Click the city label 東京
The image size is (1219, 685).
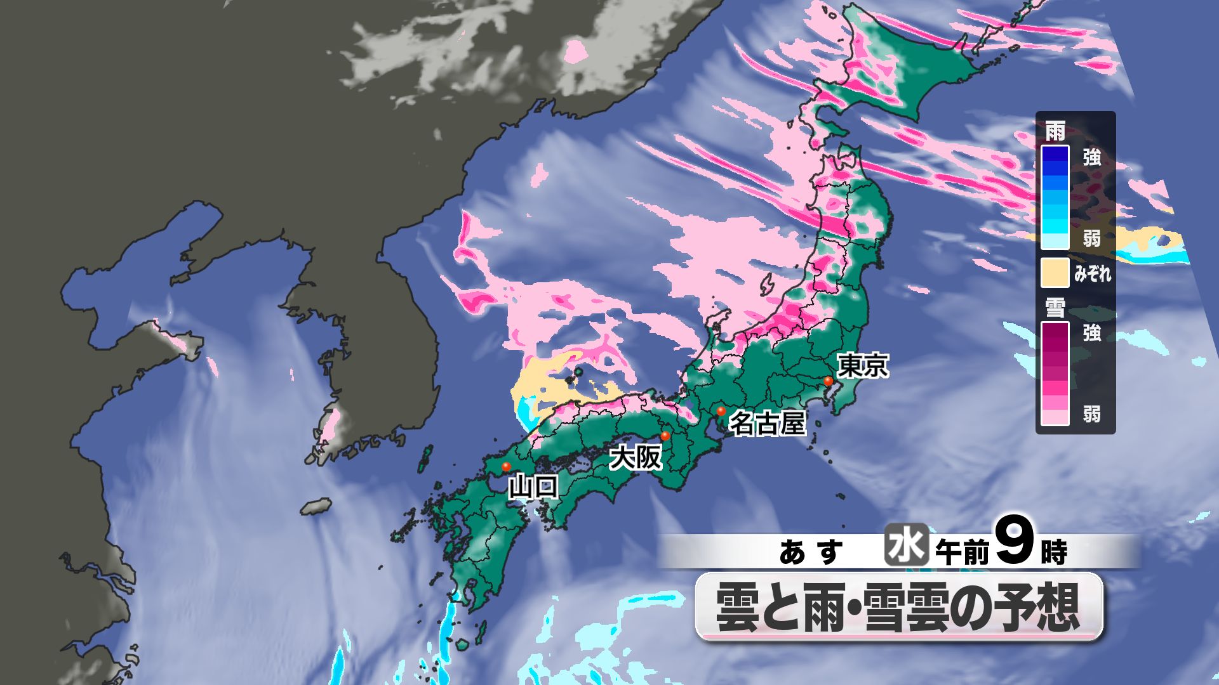[863, 366]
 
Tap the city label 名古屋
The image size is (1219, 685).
[767, 423]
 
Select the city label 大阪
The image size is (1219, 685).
[635, 457]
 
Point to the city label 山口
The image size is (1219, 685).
[534, 487]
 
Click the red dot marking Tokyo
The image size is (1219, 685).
[828, 381]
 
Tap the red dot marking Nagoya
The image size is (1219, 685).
[721, 412]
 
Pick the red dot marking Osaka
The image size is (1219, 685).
[665, 436]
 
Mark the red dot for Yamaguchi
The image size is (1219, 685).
[506, 467]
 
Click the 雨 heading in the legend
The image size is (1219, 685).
[1055, 132]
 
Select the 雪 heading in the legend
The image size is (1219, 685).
[1055, 309]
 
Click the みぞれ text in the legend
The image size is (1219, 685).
[1093, 274]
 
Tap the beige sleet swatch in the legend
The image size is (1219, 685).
[1055, 273]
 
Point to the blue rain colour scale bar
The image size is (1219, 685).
[1055, 197]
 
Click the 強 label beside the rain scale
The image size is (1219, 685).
[1092, 157]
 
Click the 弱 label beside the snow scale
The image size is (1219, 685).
[1092, 415]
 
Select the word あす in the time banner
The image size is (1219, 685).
[811, 553]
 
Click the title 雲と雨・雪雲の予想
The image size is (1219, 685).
[898, 607]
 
